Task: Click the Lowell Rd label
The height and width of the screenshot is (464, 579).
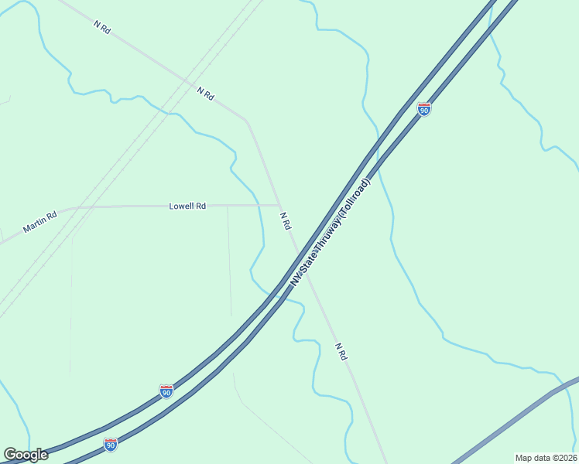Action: pyautogui.click(x=187, y=206)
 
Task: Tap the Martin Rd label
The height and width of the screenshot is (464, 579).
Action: pyautogui.click(x=40, y=223)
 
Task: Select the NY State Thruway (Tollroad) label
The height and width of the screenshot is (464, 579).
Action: pyautogui.click(x=331, y=232)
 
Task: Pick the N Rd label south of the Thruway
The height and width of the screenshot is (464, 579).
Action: pyautogui.click(x=341, y=351)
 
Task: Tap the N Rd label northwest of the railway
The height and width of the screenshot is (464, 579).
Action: pyautogui.click(x=102, y=26)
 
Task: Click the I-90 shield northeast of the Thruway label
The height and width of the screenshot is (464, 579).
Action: pyautogui.click(x=423, y=109)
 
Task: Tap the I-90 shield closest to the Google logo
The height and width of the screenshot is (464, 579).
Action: pyautogui.click(x=111, y=445)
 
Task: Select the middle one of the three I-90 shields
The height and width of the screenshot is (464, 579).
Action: pyautogui.click(x=166, y=391)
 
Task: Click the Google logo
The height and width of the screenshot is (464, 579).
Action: pyautogui.click(x=26, y=455)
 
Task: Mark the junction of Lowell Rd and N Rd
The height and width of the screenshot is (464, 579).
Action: pyautogui.click(x=279, y=205)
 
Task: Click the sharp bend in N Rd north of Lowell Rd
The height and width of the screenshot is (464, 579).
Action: pyautogui.click(x=246, y=120)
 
